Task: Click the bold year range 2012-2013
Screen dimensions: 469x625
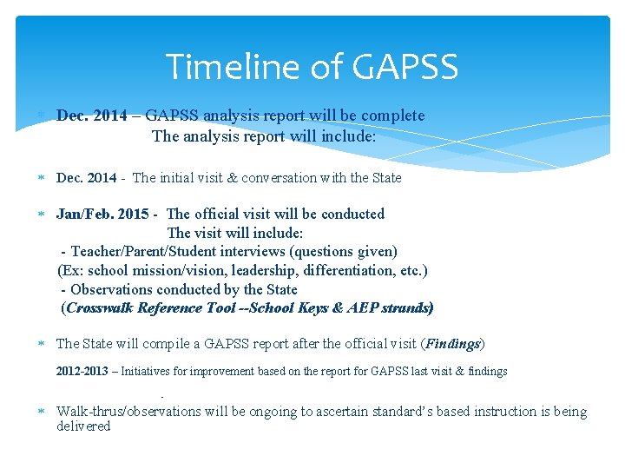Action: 82,372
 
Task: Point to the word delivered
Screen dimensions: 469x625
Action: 83,426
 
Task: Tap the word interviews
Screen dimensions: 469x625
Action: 258,252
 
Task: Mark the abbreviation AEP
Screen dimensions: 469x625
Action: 356,308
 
